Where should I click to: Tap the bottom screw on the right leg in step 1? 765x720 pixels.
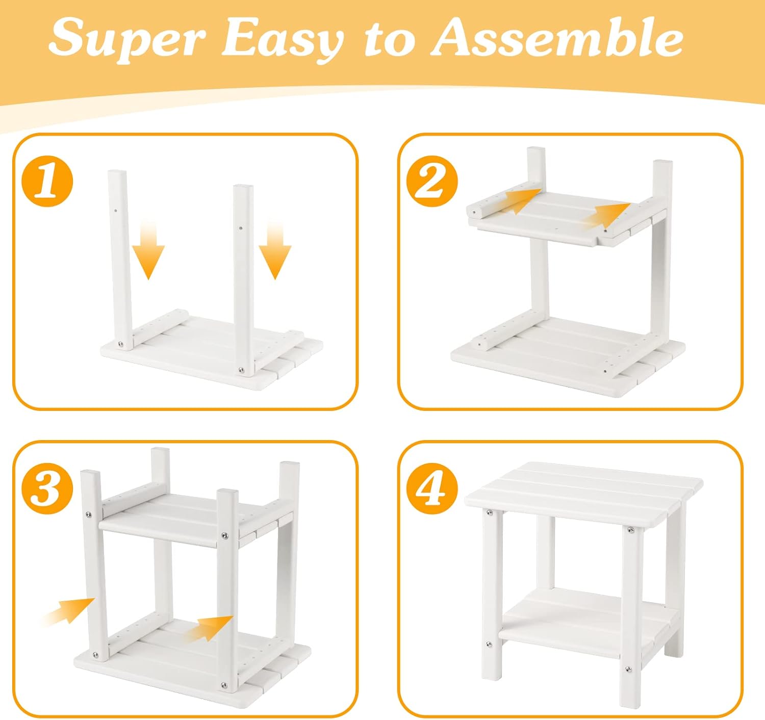(x=241, y=370)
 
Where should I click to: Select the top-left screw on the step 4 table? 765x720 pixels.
(x=490, y=512)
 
